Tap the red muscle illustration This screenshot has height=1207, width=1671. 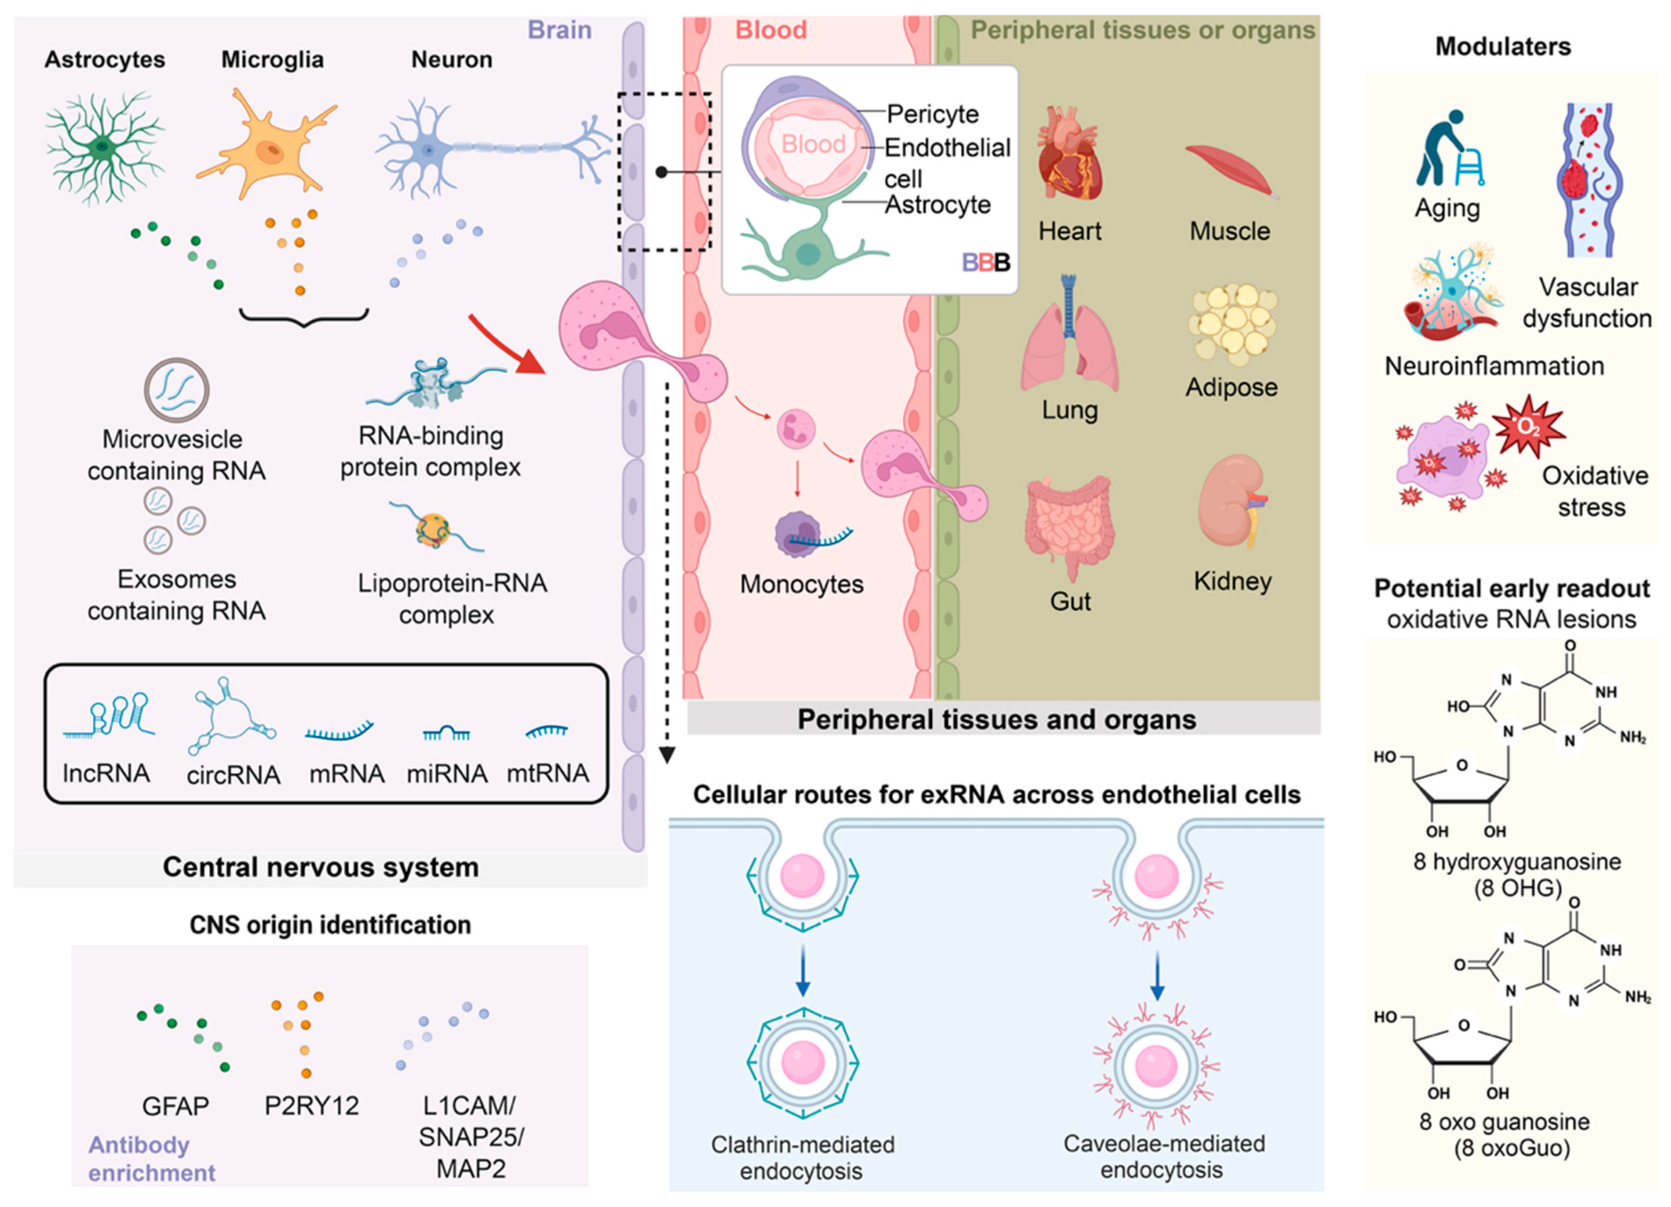pos(1232,170)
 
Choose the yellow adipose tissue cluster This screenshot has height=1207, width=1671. pos(1231,325)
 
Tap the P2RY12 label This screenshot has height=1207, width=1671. pos(312,1105)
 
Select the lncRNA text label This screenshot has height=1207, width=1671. pos(106,773)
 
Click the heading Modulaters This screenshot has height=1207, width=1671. pos(1503,46)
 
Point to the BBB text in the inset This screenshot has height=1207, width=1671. pos(986,262)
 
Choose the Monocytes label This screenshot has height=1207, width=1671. pos(802,584)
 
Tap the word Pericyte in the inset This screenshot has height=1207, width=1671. pos(933,114)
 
